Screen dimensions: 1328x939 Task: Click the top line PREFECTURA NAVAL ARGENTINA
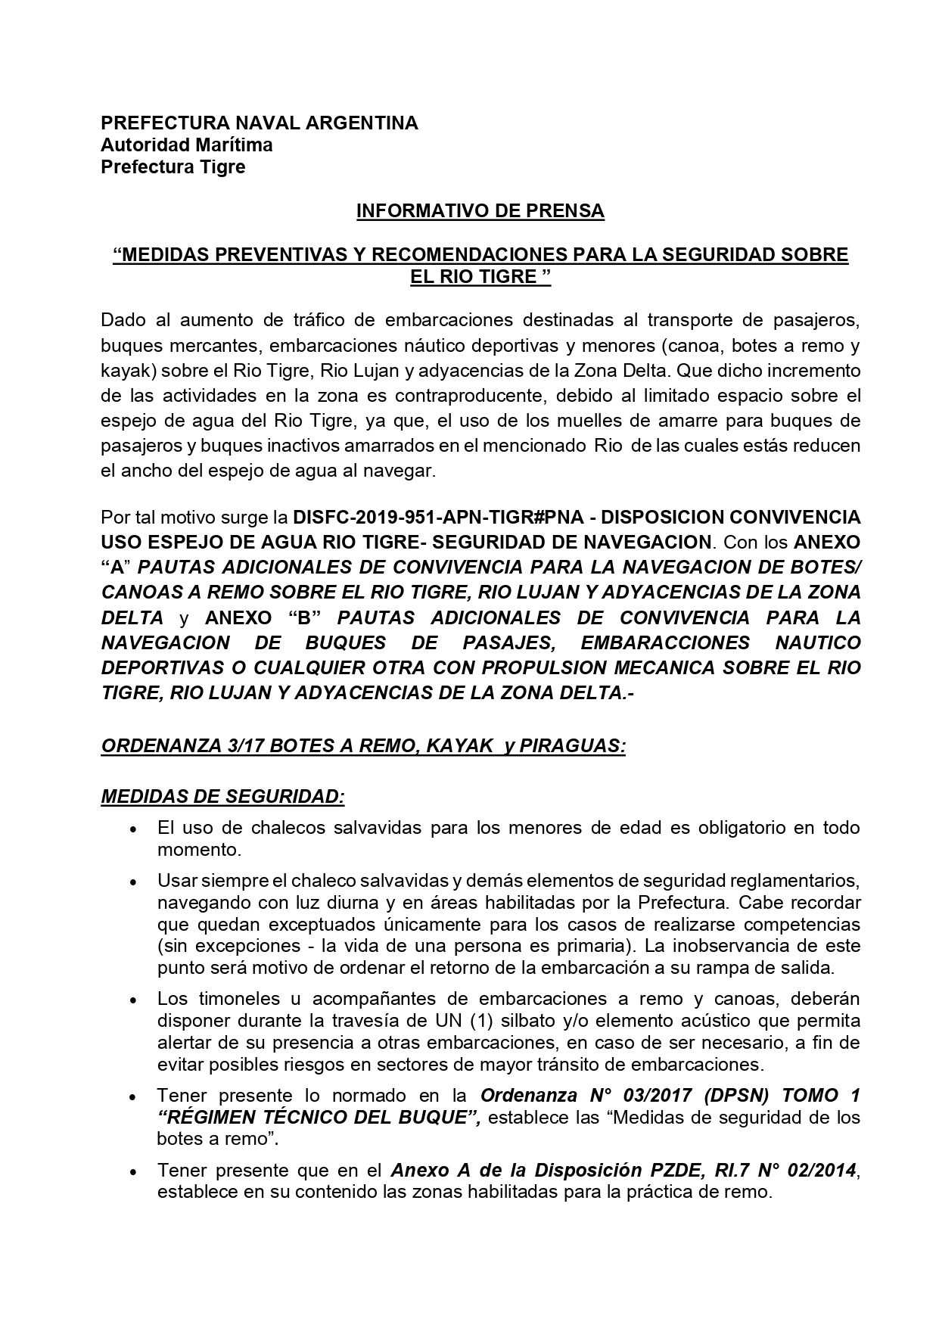point(260,123)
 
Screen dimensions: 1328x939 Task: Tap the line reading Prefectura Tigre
point(173,167)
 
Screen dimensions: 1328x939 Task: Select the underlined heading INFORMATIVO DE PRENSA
point(480,211)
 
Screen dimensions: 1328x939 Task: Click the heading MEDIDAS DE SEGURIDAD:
point(223,796)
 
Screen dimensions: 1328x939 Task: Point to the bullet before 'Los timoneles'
point(133,1001)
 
